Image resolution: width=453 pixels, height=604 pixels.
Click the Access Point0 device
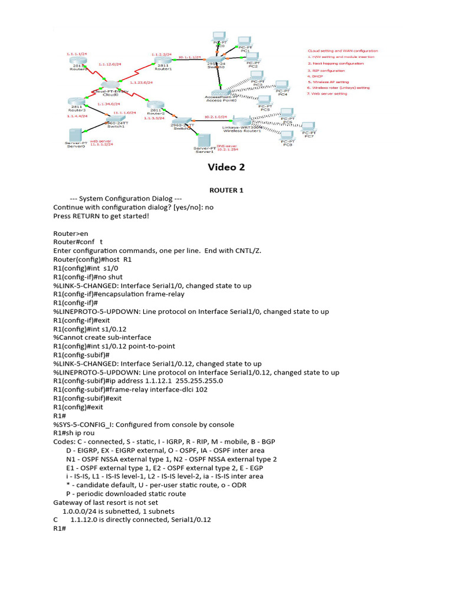pyautogui.click(x=221, y=94)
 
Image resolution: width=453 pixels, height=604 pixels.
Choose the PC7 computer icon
pyautogui.click(x=308, y=127)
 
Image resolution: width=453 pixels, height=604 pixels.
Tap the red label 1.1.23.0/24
pyautogui.click(x=142, y=83)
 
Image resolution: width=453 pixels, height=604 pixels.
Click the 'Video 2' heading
pyautogui.click(x=226, y=167)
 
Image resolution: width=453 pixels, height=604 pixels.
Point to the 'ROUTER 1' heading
pyautogui.click(x=226, y=191)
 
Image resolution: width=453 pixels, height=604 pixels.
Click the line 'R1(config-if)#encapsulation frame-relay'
pyautogui.click(x=119, y=294)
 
